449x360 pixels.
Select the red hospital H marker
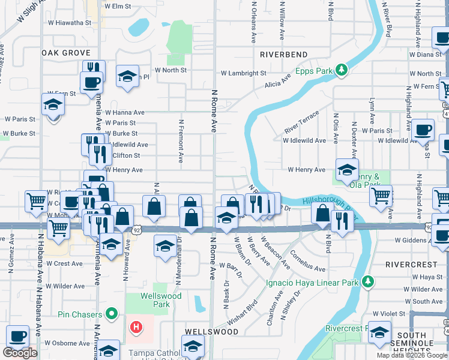coord(136,327)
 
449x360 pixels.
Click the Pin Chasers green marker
coord(111,313)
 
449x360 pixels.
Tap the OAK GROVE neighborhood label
coord(65,53)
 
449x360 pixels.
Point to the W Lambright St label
coord(243,73)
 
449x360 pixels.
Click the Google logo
coord(20,353)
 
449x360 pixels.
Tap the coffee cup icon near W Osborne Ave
coord(18,337)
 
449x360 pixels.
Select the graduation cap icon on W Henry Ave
coord(347,169)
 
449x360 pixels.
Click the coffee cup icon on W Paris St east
coord(423,130)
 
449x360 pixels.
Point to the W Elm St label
coord(118,6)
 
